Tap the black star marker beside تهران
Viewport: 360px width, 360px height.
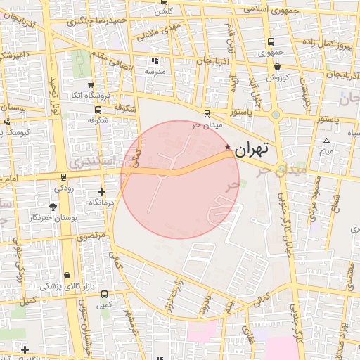(x=227, y=146)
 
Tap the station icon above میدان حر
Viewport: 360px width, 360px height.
(x=206, y=113)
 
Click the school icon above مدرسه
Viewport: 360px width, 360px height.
(x=155, y=60)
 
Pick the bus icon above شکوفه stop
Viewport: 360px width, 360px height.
(x=97, y=110)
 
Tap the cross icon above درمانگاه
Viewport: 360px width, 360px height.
(x=102, y=191)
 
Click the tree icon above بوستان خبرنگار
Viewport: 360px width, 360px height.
(x=53, y=207)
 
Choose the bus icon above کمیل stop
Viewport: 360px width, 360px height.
(x=104, y=294)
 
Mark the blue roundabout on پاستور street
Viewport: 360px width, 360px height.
(x=276, y=115)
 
